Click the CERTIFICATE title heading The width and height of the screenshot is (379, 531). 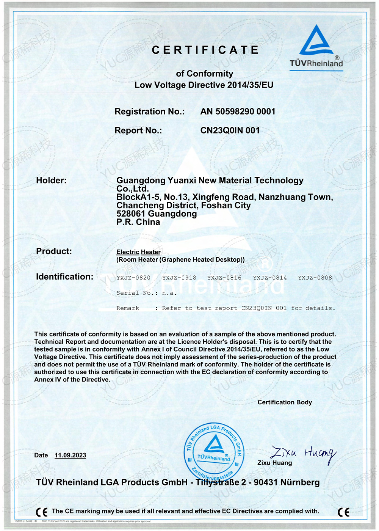(205, 50)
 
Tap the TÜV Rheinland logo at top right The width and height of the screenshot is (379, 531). (316, 47)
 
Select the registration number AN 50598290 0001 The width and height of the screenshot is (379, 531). (238, 112)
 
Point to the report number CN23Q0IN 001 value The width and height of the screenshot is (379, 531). (230, 130)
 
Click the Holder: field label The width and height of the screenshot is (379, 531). (51, 181)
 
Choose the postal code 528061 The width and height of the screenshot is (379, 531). (131, 214)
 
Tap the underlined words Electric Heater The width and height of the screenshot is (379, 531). (138, 252)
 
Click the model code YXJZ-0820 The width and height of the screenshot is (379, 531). (133, 278)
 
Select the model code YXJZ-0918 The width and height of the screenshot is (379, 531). (179, 278)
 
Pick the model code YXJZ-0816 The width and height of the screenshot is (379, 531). (224, 278)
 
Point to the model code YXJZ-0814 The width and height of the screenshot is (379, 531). (270, 278)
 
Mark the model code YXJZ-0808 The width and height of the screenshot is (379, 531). (315, 278)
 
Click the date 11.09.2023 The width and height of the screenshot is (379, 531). (70, 455)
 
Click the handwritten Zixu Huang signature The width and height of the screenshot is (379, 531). (303, 452)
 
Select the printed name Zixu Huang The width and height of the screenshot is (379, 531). (274, 463)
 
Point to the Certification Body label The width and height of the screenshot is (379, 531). (285, 402)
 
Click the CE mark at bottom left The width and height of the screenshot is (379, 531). (42, 512)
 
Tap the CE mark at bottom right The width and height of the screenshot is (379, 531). (343, 512)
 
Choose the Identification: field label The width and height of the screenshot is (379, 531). (64, 277)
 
